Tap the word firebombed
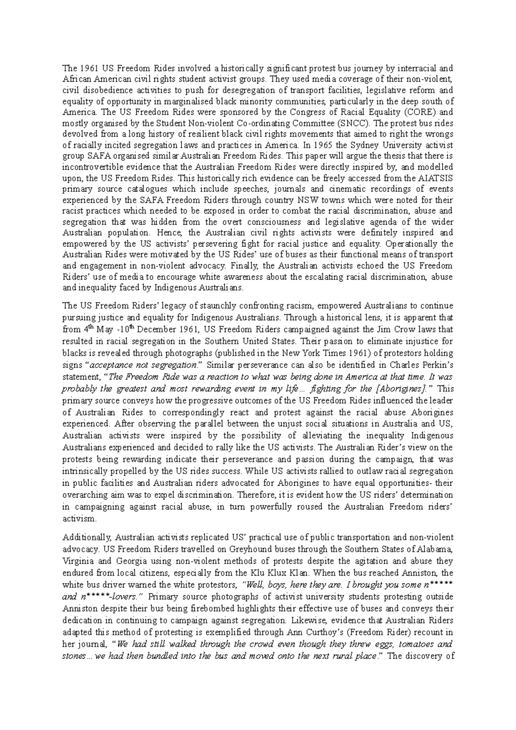(194, 609)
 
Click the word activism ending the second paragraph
(78, 519)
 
